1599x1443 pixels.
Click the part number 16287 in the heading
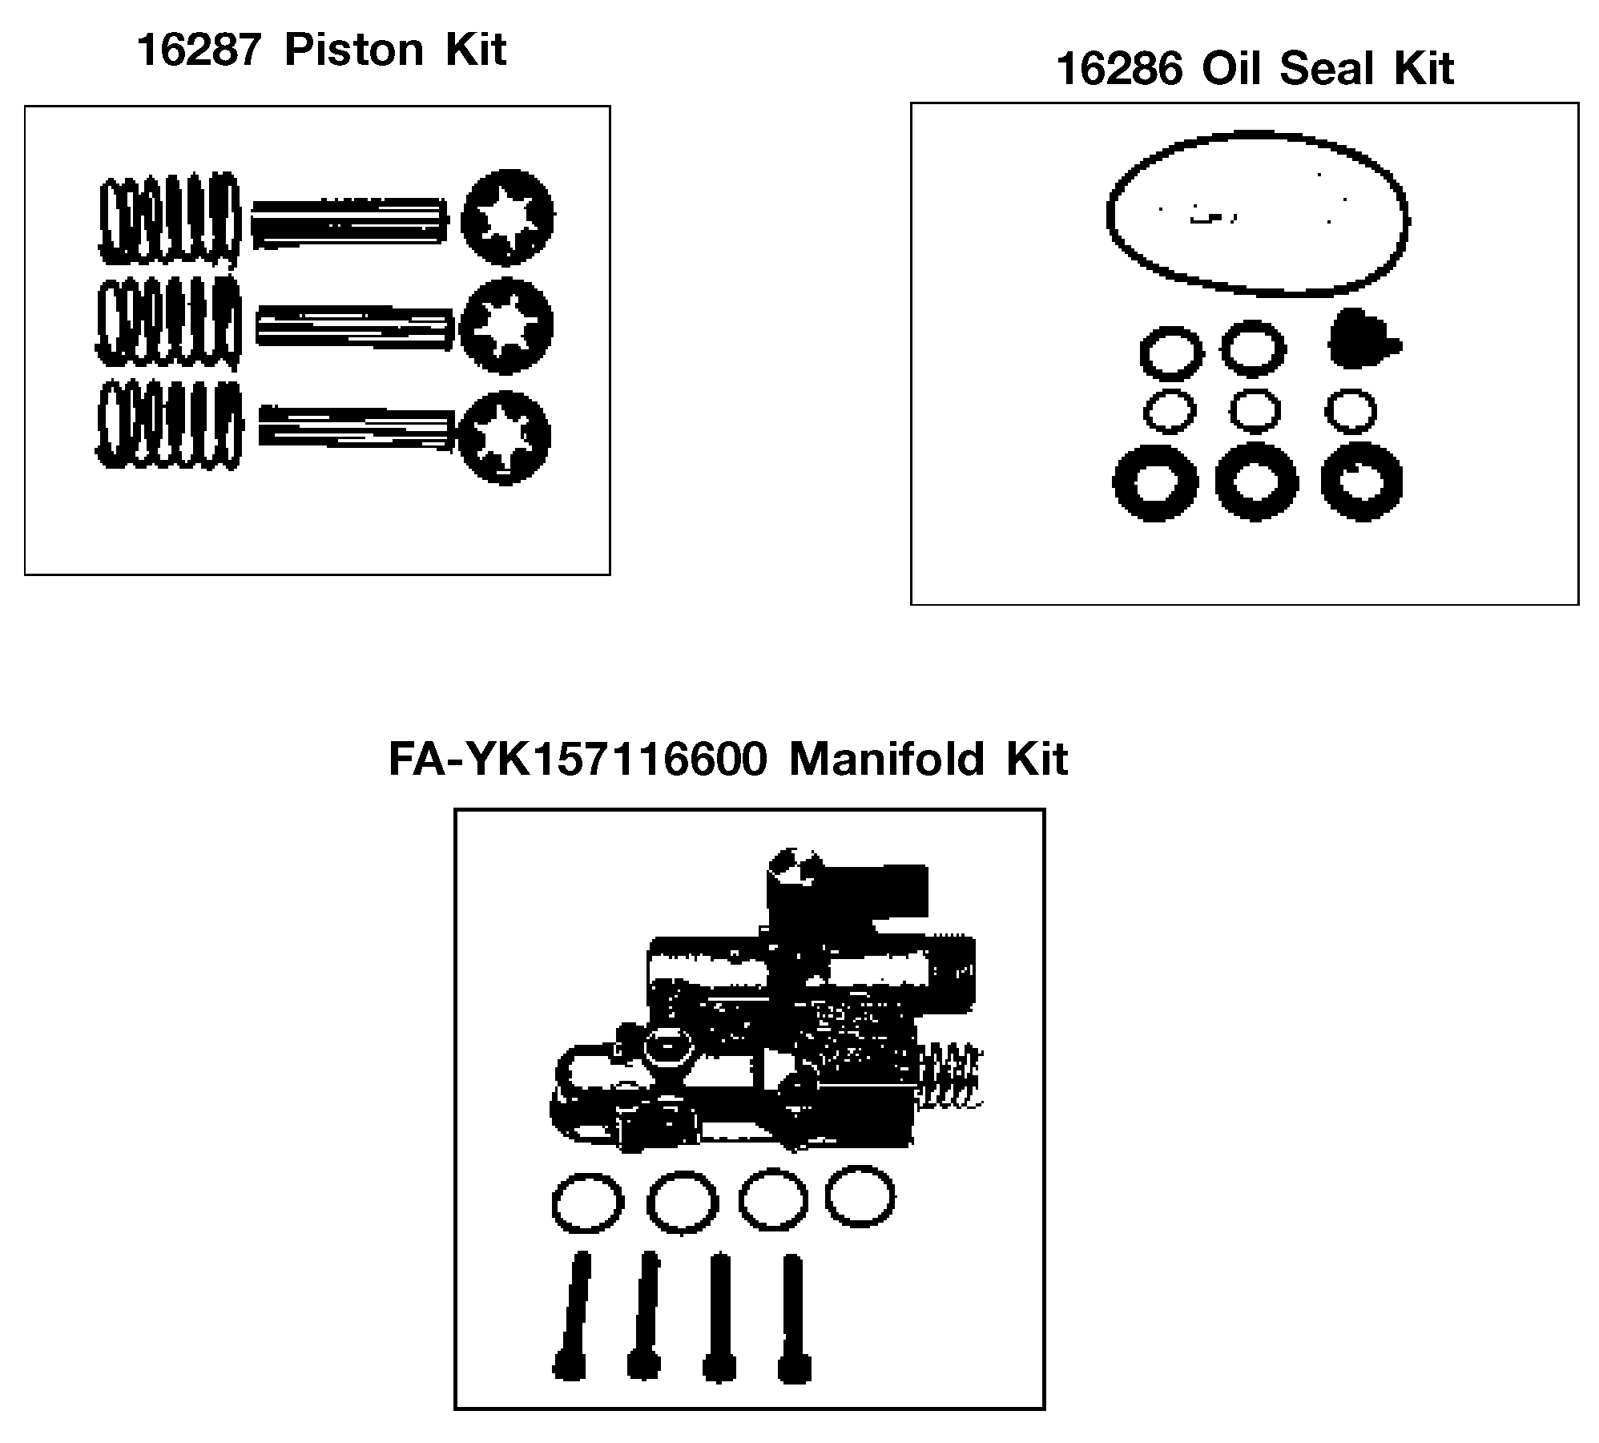(x=199, y=50)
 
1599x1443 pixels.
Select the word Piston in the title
(x=354, y=50)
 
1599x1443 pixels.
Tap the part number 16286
(x=1119, y=68)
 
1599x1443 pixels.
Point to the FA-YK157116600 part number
(x=578, y=759)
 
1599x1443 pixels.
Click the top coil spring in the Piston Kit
(x=169, y=218)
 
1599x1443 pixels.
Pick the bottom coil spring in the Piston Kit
(x=169, y=425)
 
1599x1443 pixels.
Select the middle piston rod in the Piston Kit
(x=355, y=328)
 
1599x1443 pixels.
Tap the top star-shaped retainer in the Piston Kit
(x=508, y=217)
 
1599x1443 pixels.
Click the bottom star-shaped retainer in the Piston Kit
(x=505, y=437)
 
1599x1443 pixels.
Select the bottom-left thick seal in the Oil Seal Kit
(x=1155, y=482)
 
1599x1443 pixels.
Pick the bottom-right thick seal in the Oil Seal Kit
(x=1361, y=482)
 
